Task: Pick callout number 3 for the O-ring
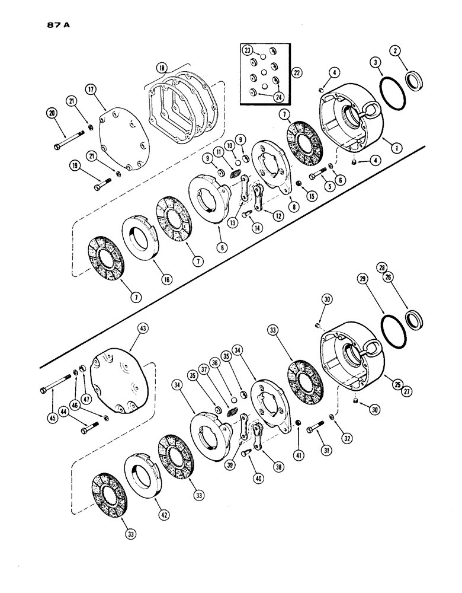tap(376, 61)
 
